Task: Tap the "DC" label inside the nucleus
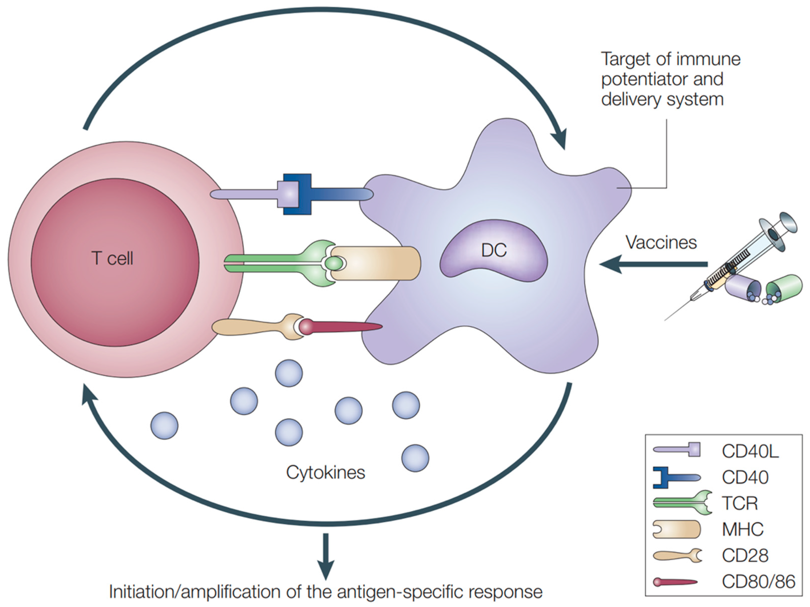(x=494, y=250)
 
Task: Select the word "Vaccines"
(x=661, y=242)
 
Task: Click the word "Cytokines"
(x=326, y=472)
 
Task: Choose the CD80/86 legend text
(x=758, y=581)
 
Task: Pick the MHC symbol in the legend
(x=677, y=529)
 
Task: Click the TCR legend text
(x=739, y=503)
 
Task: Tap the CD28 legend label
(x=745, y=555)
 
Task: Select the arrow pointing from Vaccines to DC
(x=653, y=264)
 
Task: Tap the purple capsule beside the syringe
(x=743, y=289)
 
